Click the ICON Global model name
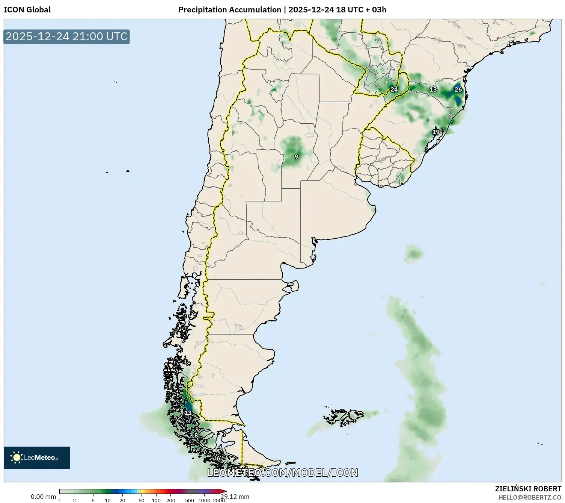click(27, 10)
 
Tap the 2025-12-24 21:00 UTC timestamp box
click(66, 36)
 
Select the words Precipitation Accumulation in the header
click(229, 10)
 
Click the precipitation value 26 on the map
click(458, 89)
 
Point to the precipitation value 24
click(394, 89)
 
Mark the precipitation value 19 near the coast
click(435, 132)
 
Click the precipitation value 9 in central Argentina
click(296, 156)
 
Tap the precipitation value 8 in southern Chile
click(196, 435)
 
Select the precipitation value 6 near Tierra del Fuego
click(218, 458)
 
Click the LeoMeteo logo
click(37, 458)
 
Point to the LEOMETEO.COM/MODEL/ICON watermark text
click(282, 473)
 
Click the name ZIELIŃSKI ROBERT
click(528, 489)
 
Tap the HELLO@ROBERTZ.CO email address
click(529, 497)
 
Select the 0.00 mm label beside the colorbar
click(43, 497)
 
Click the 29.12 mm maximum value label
click(235, 497)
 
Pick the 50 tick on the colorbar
click(141, 500)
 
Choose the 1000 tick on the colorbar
click(204, 500)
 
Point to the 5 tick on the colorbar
click(93, 500)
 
